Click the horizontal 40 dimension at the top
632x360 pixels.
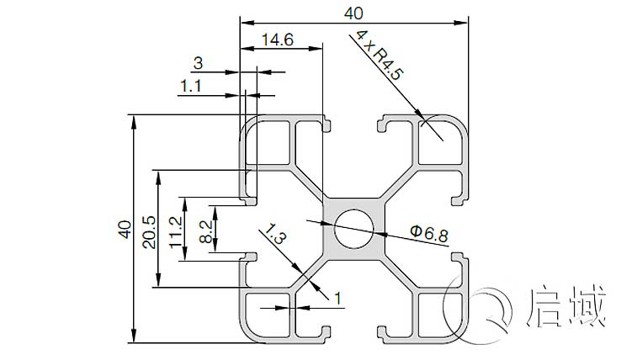click(353, 13)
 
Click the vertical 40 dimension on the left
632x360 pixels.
click(124, 229)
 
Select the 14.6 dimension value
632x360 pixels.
click(277, 39)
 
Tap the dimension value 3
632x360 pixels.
click(198, 62)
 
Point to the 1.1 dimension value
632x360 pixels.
click(191, 85)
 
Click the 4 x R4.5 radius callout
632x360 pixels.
click(380, 56)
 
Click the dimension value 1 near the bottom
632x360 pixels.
click(337, 297)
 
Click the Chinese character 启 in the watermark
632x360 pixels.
click(548, 307)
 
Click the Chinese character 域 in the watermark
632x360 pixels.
click(589, 307)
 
